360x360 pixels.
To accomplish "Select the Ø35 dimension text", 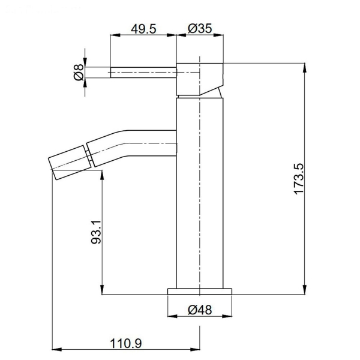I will pos(200,28).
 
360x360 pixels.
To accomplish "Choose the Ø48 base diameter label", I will pos(200,310).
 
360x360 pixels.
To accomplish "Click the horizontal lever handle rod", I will pos(143,73).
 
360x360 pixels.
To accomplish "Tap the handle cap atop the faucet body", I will pos(200,78).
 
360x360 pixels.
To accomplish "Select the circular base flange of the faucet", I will pos(200,292).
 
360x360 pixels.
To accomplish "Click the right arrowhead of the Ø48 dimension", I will pos(230,317).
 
